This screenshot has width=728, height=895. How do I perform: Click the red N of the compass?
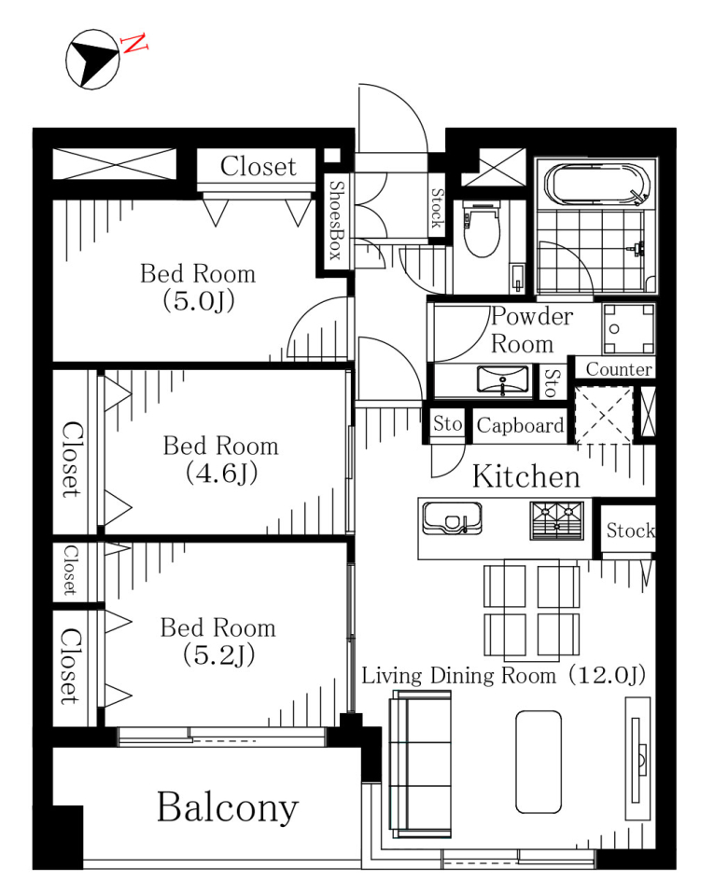click(x=134, y=44)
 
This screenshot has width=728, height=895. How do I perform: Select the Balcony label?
click(x=228, y=807)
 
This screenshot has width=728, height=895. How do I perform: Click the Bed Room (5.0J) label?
click(x=198, y=287)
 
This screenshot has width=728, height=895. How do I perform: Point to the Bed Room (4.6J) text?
click(x=221, y=460)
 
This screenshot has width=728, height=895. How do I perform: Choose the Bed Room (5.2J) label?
click(x=218, y=641)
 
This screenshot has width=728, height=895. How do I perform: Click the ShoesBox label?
click(x=337, y=220)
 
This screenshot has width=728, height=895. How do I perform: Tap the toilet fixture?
click(x=482, y=228)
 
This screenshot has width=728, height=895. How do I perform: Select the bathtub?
click(x=597, y=184)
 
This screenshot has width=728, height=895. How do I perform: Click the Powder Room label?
click(x=531, y=330)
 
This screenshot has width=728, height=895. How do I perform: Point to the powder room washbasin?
click(x=503, y=379)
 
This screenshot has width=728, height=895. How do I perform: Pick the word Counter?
click(x=619, y=369)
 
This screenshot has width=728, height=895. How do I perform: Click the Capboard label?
click(x=520, y=425)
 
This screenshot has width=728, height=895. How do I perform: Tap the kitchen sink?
click(x=452, y=518)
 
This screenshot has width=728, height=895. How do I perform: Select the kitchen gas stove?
click(x=556, y=520)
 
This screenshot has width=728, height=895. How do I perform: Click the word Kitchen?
click(x=525, y=476)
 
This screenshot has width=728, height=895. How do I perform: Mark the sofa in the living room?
click(x=421, y=764)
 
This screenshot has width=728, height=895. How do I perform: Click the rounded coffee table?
click(x=539, y=762)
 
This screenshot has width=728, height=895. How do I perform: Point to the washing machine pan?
click(x=628, y=329)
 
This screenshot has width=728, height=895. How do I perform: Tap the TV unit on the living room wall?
click(x=637, y=759)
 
